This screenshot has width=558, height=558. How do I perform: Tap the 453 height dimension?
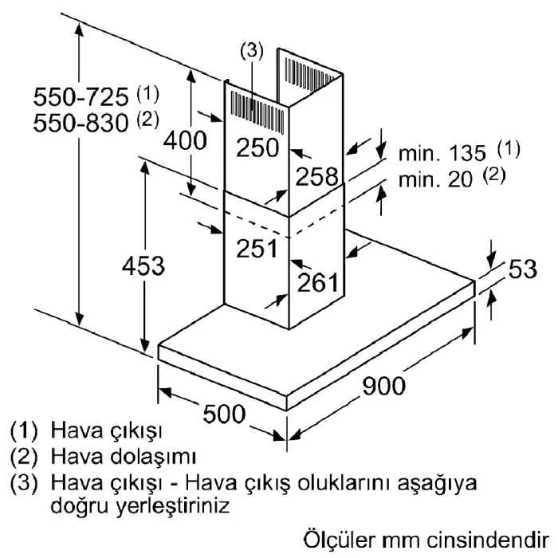coord(143,265)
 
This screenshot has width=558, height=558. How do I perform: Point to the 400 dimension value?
coord(184,140)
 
